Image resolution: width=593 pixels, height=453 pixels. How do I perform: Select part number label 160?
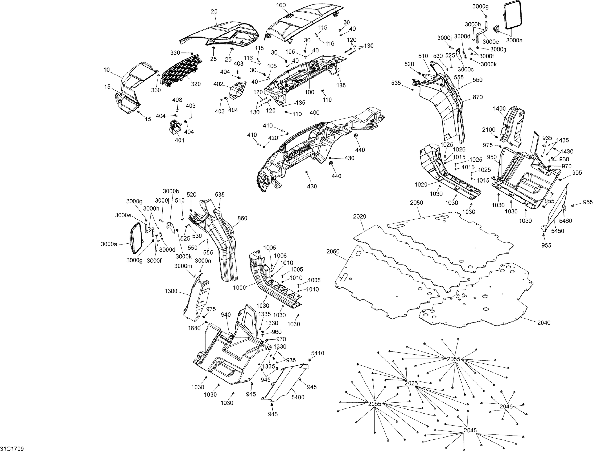coord(281,5)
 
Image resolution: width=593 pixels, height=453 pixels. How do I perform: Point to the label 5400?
coord(298,397)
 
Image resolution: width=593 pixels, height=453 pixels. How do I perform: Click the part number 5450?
coord(557,231)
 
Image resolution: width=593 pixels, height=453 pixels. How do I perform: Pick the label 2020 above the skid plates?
coord(360,216)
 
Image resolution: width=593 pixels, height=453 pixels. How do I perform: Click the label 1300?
coord(171,291)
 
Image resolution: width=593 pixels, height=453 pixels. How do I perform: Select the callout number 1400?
coord(499,108)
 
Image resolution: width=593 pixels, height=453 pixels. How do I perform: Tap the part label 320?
coord(196,84)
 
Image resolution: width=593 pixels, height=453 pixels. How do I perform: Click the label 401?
coord(180,140)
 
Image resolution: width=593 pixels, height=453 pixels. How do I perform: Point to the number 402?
coord(219,84)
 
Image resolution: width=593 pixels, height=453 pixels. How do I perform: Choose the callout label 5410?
coord(318,353)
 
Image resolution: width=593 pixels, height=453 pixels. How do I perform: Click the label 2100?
coord(488,130)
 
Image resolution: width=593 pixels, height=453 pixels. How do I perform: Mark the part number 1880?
coord(194,328)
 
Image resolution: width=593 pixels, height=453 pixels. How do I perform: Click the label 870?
coord(477,97)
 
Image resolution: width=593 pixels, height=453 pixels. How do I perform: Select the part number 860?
coord(242,218)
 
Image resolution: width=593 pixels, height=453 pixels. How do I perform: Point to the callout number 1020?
coord(421,184)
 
